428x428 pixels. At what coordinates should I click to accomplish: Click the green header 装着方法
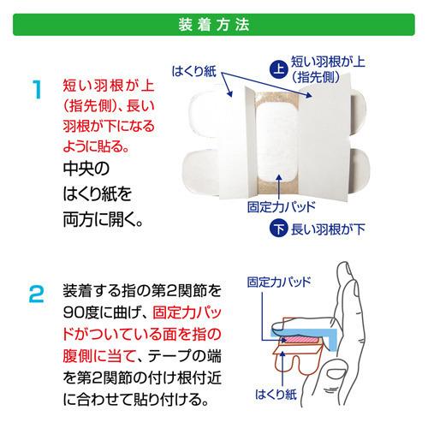214,24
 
